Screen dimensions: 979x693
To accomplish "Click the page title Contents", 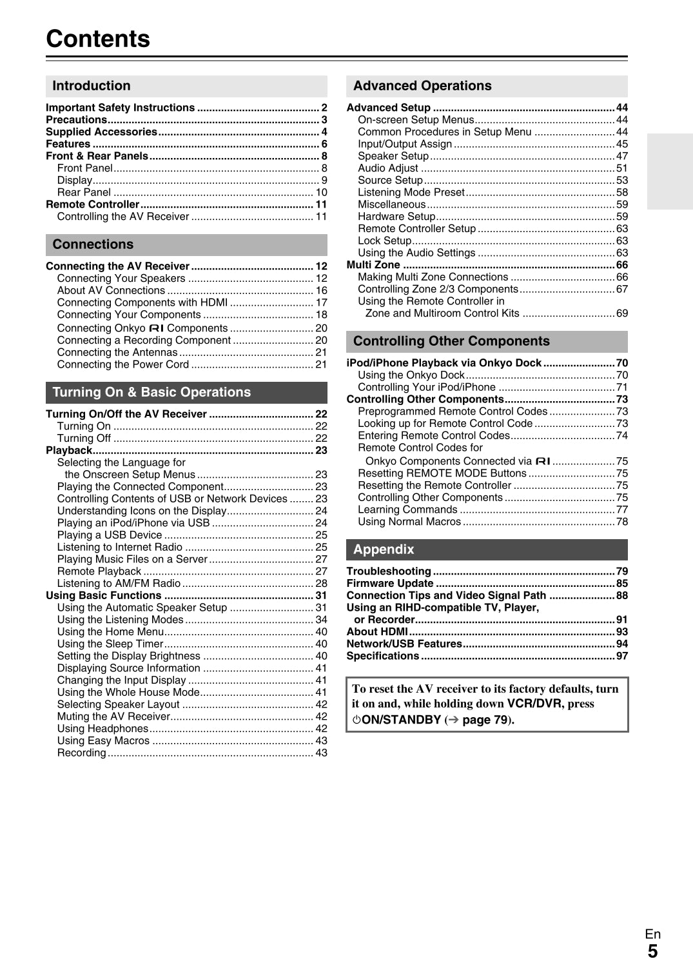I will coord(98,39).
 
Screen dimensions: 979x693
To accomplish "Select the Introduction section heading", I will coord(92,86).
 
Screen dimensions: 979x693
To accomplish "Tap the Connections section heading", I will coord(93,244).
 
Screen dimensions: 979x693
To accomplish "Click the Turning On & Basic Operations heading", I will coord(151,392).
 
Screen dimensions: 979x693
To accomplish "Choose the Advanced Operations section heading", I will coord(422,86).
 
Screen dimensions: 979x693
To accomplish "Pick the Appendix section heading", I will coord(384,549).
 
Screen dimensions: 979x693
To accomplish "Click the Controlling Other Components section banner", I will coord(451,341).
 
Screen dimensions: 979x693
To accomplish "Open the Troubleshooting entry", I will coord(389,571).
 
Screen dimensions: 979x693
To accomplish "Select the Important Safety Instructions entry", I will coord(120,108).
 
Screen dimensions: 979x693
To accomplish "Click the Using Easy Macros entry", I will coord(103,741).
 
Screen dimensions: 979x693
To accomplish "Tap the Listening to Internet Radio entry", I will coord(120,547).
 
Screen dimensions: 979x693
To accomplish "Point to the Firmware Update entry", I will coord(389,584).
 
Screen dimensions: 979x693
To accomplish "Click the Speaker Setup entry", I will coord(393,156).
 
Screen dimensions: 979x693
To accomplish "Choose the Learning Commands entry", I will coord(407,509).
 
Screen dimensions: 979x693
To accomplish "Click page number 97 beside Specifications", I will coord(621,656).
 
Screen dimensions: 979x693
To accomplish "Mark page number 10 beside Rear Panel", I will coord(321,192).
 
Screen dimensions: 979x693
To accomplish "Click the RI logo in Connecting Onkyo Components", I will coord(157,328).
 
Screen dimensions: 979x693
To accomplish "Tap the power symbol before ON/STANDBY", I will coord(356,720).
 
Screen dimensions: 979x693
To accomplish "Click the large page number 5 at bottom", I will coord(652,951).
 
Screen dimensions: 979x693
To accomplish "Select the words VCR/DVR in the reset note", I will coord(534,704).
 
